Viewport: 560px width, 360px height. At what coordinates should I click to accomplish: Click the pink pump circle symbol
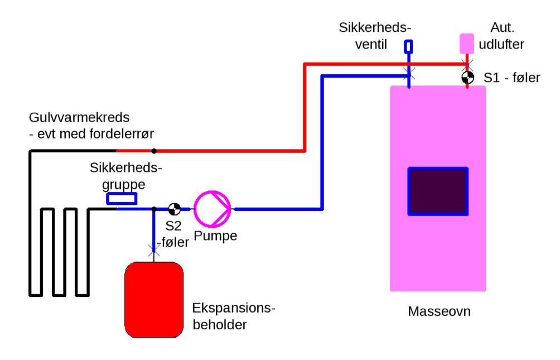212,209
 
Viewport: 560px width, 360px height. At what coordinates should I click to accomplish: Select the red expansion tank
154,300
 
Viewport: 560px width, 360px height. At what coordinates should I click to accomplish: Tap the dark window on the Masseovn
438,191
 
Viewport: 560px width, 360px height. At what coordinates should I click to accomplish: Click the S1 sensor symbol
467,78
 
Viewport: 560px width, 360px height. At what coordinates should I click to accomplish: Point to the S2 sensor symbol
175,209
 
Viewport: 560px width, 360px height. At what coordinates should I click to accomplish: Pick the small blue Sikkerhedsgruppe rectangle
122,198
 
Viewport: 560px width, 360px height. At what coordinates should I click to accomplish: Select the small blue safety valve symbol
409,46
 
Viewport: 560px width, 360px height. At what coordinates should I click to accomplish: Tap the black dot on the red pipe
154,151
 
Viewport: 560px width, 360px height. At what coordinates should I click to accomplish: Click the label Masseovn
439,311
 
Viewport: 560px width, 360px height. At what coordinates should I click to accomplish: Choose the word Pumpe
215,236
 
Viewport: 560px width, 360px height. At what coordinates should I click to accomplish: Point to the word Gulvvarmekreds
79,118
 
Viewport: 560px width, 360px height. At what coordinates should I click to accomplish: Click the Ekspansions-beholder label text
234,316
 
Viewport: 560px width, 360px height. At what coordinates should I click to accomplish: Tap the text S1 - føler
511,78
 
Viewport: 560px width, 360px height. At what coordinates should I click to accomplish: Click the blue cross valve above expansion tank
154,249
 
